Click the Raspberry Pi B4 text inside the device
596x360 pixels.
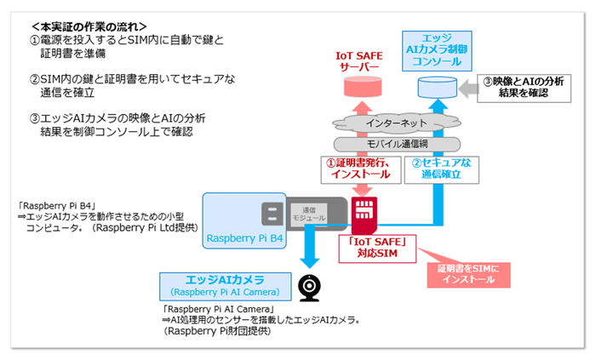pyautogui.click(x=245, y=240)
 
